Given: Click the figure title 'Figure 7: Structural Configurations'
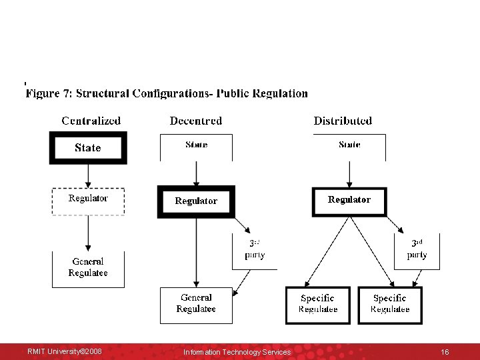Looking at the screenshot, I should pyautogui.click(x=167, y=94).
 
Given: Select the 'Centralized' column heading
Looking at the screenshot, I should pyautogui.click(x=91, y=121).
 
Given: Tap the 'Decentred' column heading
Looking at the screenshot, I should pyautogui.click(x=196, y=121).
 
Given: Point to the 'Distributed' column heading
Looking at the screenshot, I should pyautogui.click(x=343, y=121).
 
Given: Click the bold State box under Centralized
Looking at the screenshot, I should pyautogui.click(x=88, y=148).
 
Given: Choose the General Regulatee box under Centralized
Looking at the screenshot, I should pyautogui.click(x=88, y=269).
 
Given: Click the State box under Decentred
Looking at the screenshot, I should pyautogui.click(x=196, y=147).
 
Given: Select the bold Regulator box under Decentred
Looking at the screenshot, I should pyautogui.click(x=196, y=201).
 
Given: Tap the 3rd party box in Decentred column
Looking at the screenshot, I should pyautogui.click(x=255, y=251).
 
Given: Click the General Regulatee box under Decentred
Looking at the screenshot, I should pyautogui.click(x=196, y=305).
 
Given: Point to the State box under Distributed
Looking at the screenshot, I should pyautogui.click(x=349, y=147).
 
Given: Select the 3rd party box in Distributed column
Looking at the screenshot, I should pyautogui.click(x=417, y=251).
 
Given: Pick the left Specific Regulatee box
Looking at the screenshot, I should pyautogui.click(x=318, y=305).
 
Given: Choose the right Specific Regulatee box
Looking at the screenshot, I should pyautogui.click(x=390, y=305).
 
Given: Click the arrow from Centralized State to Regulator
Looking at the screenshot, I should pyautogui.click(x=88, y=175).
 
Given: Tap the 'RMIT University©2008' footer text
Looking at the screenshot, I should pyautogui.click(x=65, y=351).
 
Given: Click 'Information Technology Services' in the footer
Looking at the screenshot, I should pyautogui.click(x=237, y=352).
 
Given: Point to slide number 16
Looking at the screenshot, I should pyautogui.click(x=445, y=351).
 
